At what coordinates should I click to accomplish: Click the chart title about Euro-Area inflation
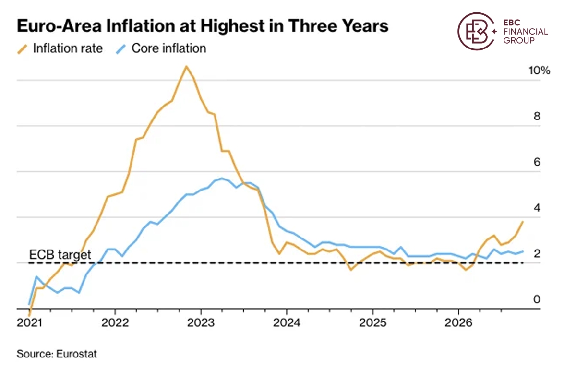click(x=203, y=26)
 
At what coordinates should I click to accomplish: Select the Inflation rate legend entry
click(x=60, y=48)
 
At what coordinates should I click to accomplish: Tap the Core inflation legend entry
click(x=161, y=48)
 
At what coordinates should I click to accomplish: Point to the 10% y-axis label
click(x=539, y=70)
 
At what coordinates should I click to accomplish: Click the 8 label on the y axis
click(x=537, y=116)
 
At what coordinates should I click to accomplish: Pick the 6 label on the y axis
click(x=537, y=162)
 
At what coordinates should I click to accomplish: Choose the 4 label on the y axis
click(x=537, y=208)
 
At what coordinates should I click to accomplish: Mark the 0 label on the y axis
click(x=537, y=299)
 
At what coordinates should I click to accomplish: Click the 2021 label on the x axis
click(x=29, y=322)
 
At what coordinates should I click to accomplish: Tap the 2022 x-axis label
click(x=115, y=322)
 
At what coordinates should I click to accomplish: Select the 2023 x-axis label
click(x=201, y=322)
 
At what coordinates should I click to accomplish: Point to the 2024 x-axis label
click(x=287, y=322)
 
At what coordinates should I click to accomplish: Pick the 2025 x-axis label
click(x=372, y=322)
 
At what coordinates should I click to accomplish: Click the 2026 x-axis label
click(x=458, y=322)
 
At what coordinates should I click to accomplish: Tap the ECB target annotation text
click(x=60, y=255)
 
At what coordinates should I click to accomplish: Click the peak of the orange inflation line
click(x=186, y=66)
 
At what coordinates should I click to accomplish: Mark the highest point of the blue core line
click(x=222, y=178)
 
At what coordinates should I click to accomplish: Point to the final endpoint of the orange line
click(x=523, y=222)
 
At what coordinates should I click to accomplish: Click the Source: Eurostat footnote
click(x=57, y=354)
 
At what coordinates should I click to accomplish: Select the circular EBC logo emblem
click(x=477, y=31)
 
